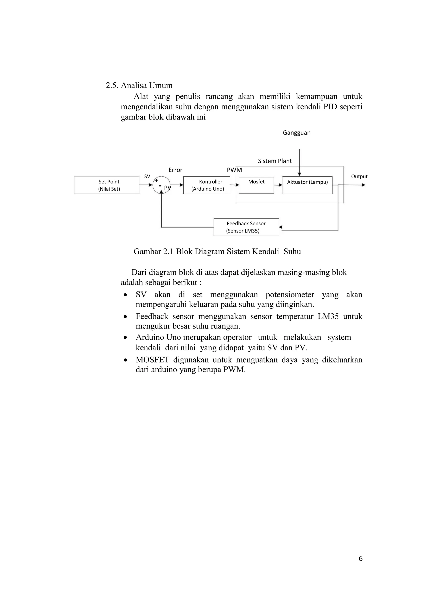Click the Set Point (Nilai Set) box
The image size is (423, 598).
[x=107, y=185]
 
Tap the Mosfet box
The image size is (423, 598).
[x=256, y=185]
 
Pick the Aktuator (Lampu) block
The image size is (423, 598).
[x=307, y=185]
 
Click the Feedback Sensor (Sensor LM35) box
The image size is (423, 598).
[x=246, y=227]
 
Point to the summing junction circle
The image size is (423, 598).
[x=161, y=185]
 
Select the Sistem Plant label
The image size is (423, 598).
[x=275, y=161]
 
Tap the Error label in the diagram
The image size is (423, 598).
[x=175, y=170]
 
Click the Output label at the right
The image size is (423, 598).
[x=359, y=176]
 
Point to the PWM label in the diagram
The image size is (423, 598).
[x=234, y=170]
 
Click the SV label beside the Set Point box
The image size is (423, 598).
[x=147, y=176]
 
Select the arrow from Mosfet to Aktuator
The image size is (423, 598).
[x=278, y=185]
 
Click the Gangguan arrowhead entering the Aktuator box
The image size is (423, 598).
[x=299, y=174]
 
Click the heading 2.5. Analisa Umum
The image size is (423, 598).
[x=139, y=85]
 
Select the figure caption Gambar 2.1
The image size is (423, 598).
[x=217, y=252]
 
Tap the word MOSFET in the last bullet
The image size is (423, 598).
[x=152, y=360]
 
